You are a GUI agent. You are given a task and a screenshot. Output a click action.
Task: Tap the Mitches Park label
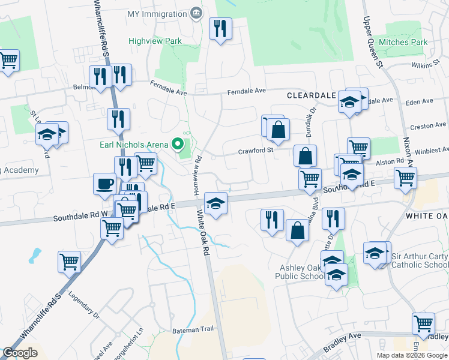pyautogui.click(x=406, y=42)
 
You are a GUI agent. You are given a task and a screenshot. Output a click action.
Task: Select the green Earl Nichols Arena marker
pyautogui.click(x=177, y=144)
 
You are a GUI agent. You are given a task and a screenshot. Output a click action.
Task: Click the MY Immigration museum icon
pyautogui.click(x=196, y=13)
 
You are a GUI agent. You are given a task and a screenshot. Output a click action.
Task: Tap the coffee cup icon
pyautogui.click(x=105, y=183)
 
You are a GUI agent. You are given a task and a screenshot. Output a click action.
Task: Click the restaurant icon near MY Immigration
pyautogui.click(x=220, y=28)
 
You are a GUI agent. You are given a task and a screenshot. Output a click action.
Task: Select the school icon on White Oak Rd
pyautogui.click(x=215, y=203)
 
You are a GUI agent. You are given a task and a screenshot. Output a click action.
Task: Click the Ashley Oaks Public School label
pyautogui.click(x=300, y=272)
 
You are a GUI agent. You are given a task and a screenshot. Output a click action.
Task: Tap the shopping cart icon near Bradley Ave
pyautogui.click(x=423, y=323)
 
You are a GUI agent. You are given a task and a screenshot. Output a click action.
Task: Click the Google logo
pyautogui.click(x=20, y=353)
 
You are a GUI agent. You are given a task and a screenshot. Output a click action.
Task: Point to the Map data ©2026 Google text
pyautogui.click(x=412, y=355)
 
